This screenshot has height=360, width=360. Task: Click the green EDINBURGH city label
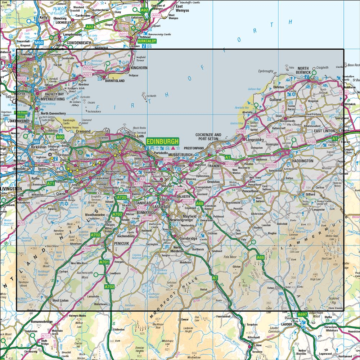pyautogui.click(x=162, y=142)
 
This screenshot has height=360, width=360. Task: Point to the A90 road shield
pyautogui.click(x=60, y=137)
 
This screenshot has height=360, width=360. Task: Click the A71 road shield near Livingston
pyautogui.click(x=51, y=184)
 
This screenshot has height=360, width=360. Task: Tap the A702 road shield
pyautogui.click(x=95, y=235)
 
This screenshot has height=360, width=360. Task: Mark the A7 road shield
pyautogui.click(x=215, y=278)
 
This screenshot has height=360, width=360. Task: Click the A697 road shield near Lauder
pyautogui.click(x=302, y=315)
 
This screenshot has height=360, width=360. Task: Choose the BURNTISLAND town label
pyautogui.click(x=114, y=81)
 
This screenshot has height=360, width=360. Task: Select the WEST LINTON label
pyautogui.click(x=60, y=300)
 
